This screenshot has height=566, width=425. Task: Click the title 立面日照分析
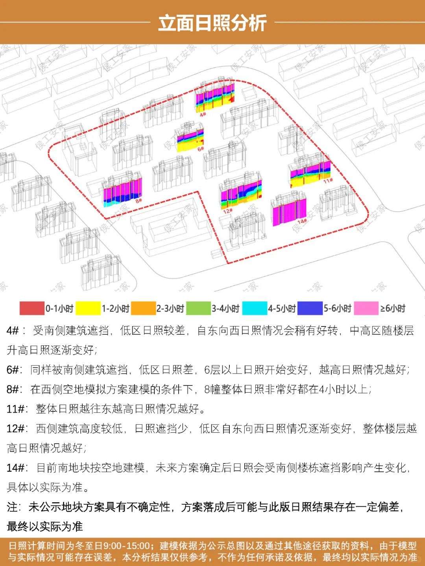(x=213, y=23)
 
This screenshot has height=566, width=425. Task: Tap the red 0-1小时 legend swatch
(x=32, y=308)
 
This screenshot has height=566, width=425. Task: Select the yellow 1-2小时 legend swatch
(x=88, y=308)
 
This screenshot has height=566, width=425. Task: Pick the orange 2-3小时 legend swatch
(x=143, y=308)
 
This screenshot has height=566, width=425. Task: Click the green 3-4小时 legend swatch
(x=198, y=308)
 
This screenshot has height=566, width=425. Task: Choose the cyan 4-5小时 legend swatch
(x=255, y=308)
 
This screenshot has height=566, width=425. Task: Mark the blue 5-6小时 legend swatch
(x=310, y=308)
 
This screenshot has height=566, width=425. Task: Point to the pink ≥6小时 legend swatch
(x=366, y=308)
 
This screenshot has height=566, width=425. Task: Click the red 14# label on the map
(x=302, y=222)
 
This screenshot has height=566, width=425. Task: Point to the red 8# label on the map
(x=139, y=201)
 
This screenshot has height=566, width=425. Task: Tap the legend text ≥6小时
(x=392, y=308)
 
